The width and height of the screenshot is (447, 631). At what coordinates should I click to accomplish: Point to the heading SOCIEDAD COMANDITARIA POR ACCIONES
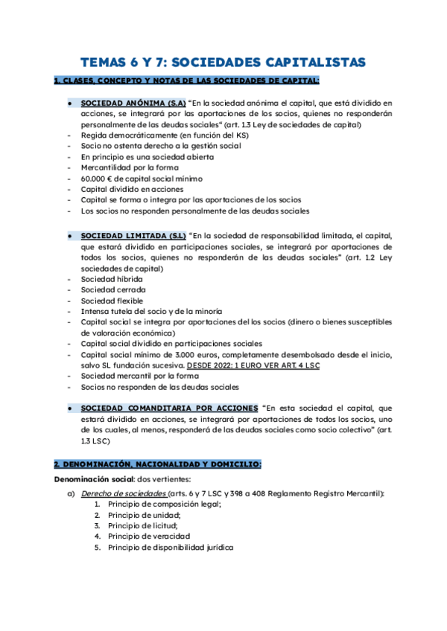(x=170, y=409)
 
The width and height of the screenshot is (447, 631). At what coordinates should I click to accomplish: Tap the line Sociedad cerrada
(x=113, y=289)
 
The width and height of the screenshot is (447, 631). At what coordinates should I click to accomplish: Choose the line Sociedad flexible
(x=112, y=301)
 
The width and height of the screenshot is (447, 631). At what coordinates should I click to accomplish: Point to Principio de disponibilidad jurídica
(x=170, y=548)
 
